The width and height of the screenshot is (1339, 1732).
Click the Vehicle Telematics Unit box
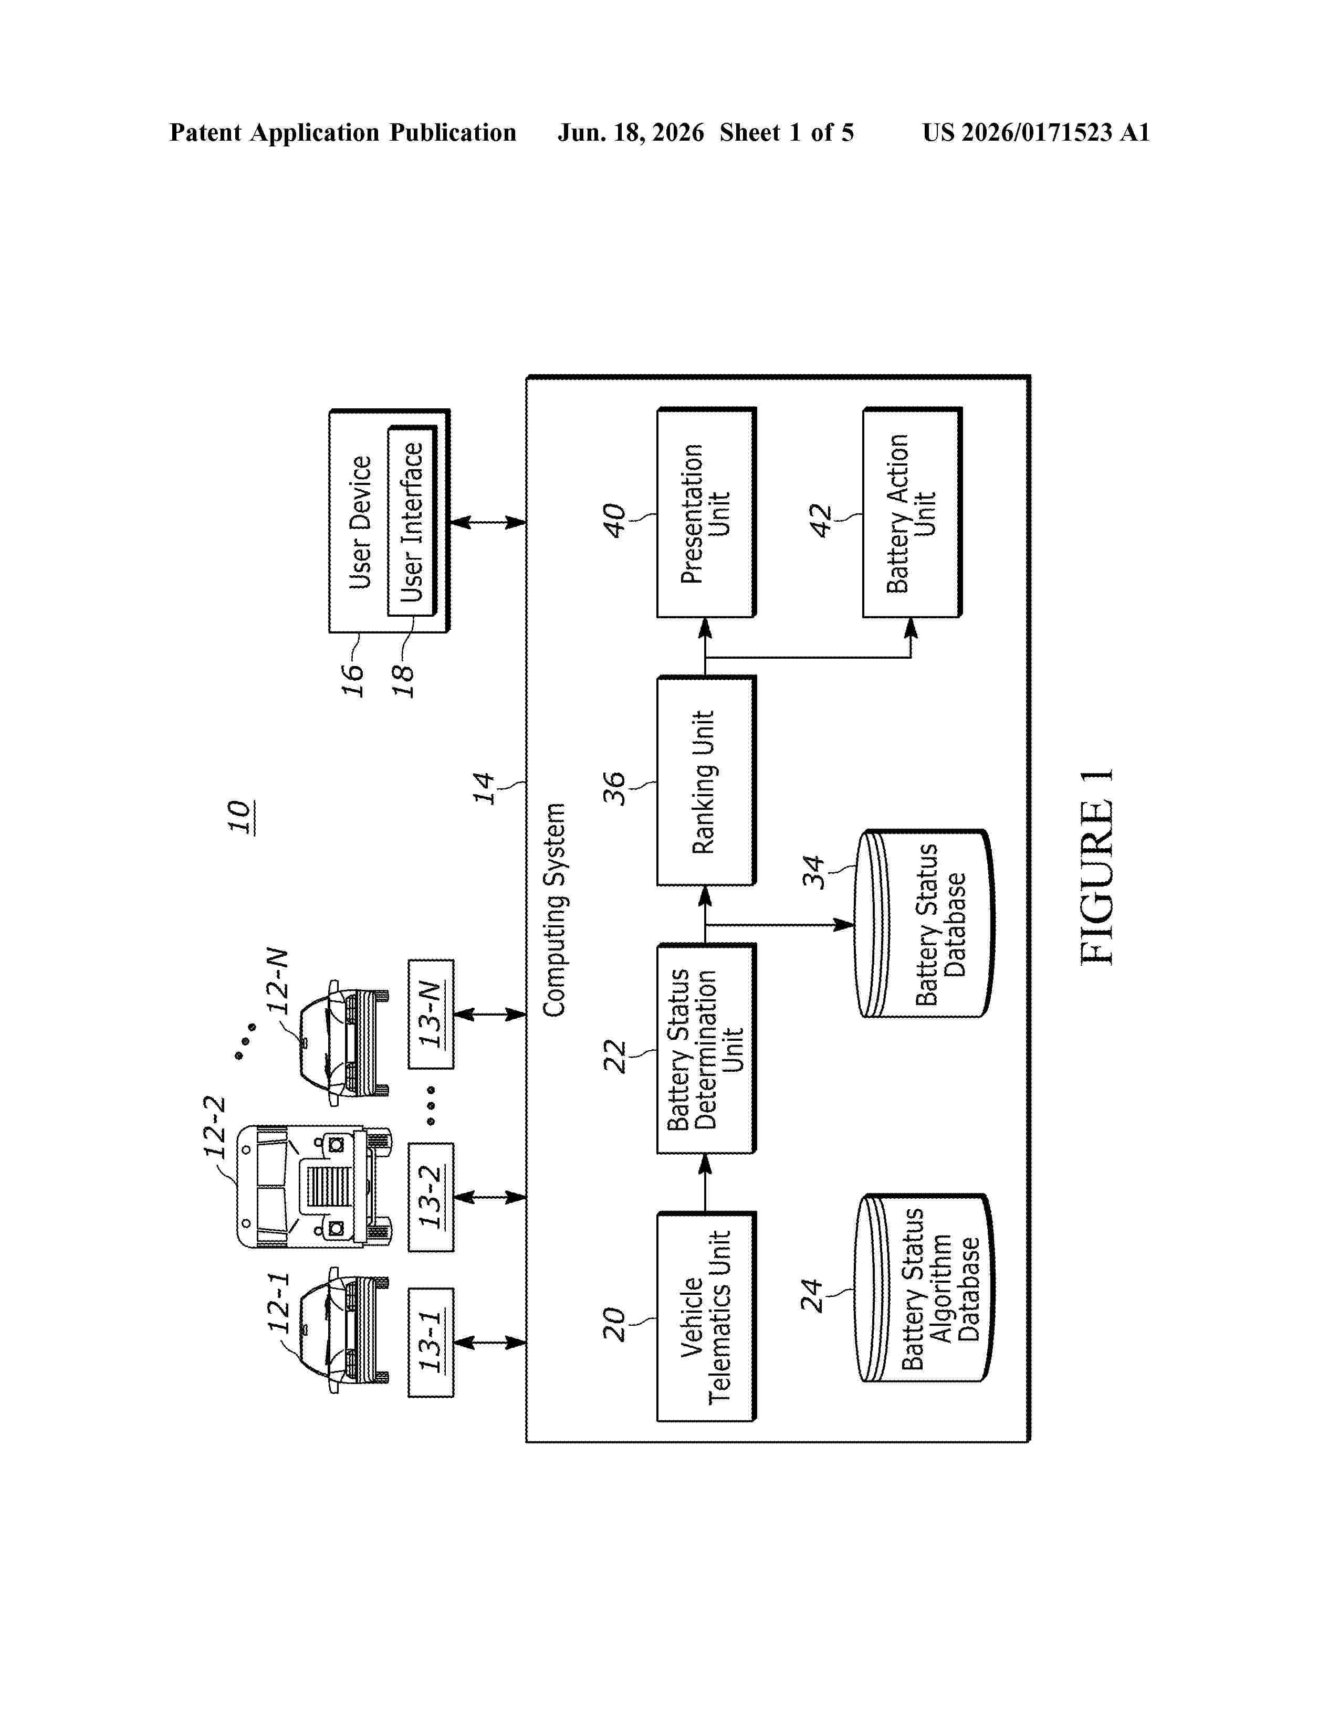click(x=706, y=1316)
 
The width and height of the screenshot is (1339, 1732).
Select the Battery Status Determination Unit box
click(x=706, y=1049)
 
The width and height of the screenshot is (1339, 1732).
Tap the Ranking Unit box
click(x=706, y=780)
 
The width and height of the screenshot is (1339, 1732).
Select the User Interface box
click(x=413, y=521)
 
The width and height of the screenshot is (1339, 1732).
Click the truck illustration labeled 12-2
click(x=313, y=1186)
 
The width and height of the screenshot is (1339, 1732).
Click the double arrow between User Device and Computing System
click(x=488, y=522)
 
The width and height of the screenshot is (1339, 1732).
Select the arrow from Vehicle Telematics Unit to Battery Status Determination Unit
click(x=705, y=1182)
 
